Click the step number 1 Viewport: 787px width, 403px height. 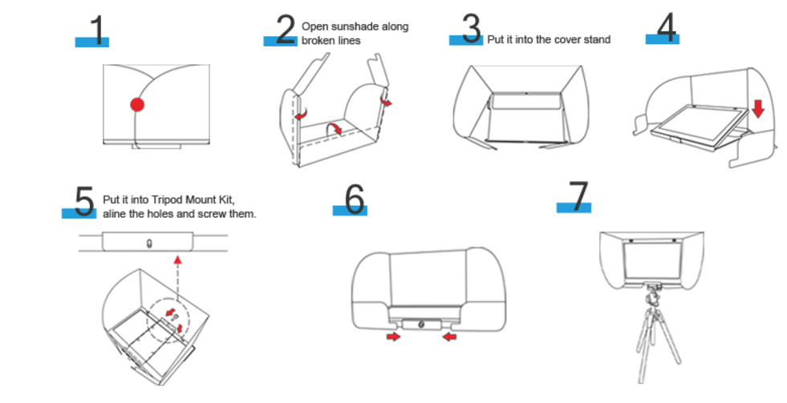(x=96, y=30)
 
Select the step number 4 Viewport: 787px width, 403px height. (x=666, y=28)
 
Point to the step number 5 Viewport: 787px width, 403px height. (x=84, y=202)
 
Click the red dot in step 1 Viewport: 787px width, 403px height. (x=137, y=104)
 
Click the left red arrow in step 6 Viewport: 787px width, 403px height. (x=394, y=337)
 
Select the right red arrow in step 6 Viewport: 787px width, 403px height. (x=450, y=337)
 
